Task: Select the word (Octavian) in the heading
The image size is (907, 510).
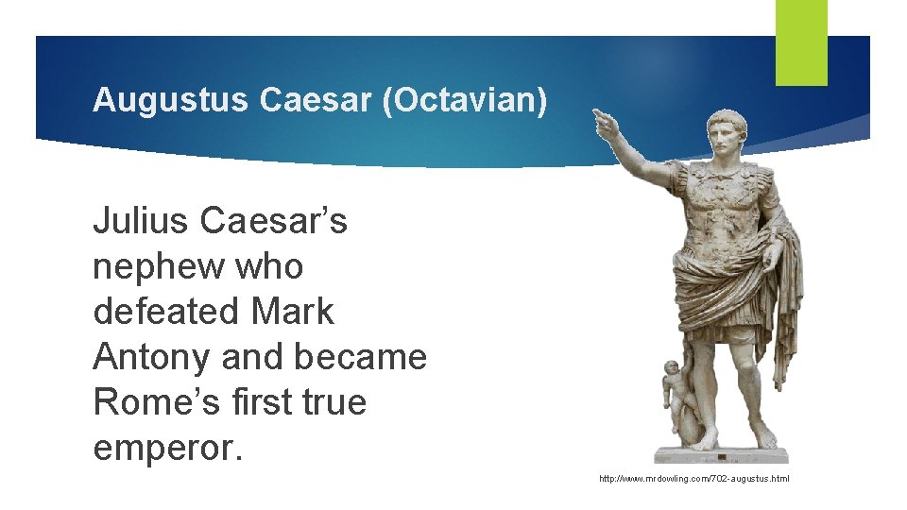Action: click(464, 101)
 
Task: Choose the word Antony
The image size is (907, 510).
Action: click(151, 357)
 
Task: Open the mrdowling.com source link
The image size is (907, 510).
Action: click(693, 479)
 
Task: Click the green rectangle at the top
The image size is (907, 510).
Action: click(801, 42)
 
